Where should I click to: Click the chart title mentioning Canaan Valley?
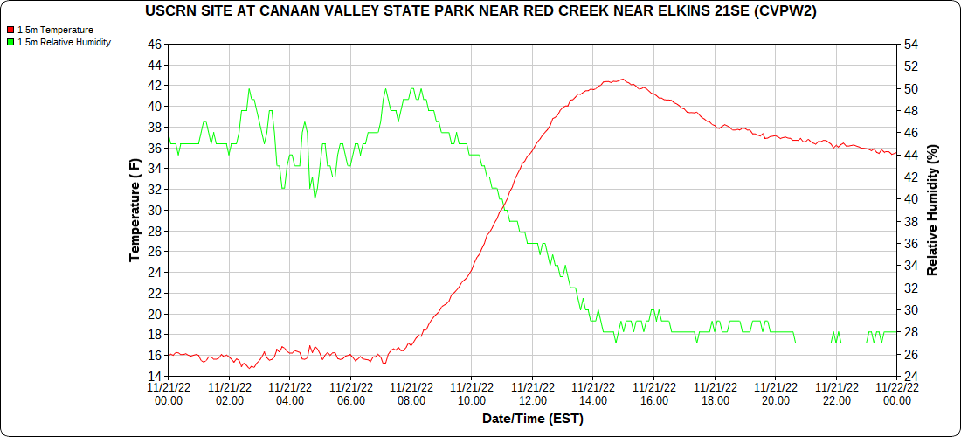click(480, 11)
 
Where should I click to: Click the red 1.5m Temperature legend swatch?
click(10, 30)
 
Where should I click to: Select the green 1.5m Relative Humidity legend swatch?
click(10, 42)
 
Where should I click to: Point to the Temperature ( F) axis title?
click(135, 210)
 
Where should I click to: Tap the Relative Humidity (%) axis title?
click(932, 210)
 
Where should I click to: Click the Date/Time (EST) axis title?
click(532, 419)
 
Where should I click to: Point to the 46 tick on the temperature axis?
click(155, 44)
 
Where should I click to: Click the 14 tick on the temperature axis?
click(155, 376)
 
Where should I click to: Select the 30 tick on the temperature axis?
click(155, 210)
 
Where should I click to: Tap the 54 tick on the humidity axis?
click(910, 44)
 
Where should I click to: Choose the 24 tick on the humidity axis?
click(910, 376)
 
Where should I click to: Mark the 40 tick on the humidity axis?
click(910, 198)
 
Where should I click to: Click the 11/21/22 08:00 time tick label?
click(411, 393)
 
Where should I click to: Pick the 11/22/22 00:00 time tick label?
click(897, 393)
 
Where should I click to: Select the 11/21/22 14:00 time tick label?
click(593, 393)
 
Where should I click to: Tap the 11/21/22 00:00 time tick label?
click(168, 393)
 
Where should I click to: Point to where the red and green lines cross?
click(504, 202)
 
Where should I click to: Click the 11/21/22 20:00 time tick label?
click(776, 393)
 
